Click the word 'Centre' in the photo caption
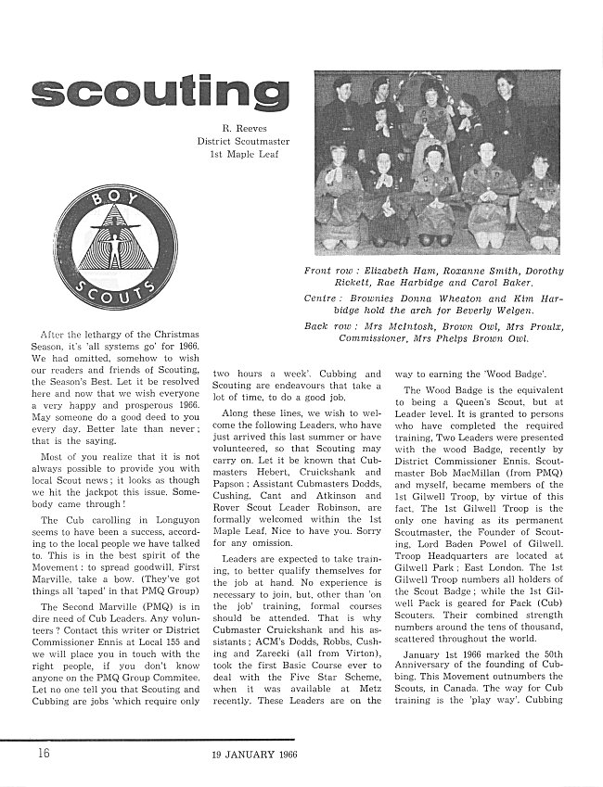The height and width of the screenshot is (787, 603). (x=324, y=298)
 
